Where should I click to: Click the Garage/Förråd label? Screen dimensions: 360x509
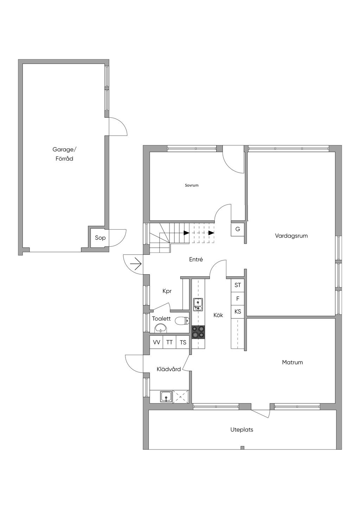pyautogui.click(x=65, y=154)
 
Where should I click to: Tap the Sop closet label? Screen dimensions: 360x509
pyautogui.click(x=100, y=238)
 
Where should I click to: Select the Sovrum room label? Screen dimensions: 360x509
pyautogui.click(x=192, y=185)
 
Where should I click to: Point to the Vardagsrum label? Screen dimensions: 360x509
pyautogui.click(x=291, y=236)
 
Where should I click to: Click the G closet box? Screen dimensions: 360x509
pyautogui.click(x=238, y=229)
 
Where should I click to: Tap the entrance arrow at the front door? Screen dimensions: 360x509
pyautogui.click(x=136, y=264)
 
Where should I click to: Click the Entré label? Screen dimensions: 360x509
pyautogui.click(x=196, y=259)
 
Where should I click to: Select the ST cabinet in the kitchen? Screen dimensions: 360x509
pyautogui.click(x=238, y=285)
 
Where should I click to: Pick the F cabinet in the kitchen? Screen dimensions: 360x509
pyautogui.click(x=238, y=298)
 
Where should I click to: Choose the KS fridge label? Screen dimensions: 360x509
pyautogui.click(x=238, y=311)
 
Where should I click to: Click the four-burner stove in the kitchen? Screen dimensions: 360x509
pyautogui.click(x=198, y=332)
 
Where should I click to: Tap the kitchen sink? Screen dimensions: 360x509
pyautogui.click(x=198, y=304)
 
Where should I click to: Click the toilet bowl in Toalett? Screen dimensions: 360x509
pyautogui.click(x=182, y=321)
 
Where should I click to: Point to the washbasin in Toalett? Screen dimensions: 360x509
pyautogui.click(x=160, y=328)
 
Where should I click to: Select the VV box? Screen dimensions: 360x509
pyautogui.click(x=156, y=342)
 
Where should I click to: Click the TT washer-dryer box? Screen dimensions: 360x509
pyautogui.click(x=169, y=342)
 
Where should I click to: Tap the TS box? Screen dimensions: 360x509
pyautogui.click(x=183, y=342)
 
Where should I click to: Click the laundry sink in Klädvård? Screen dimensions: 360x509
pyautogui.click(x=166, y=397)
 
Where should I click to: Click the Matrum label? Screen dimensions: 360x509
pyautogui.click(x=292, y=362)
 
